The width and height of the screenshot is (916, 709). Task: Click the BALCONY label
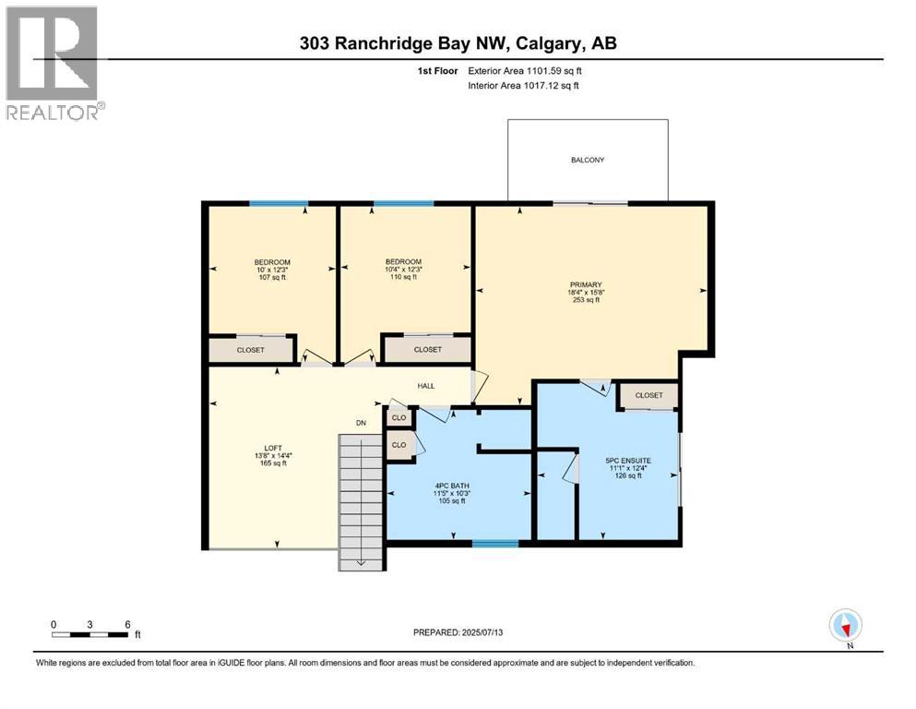588,160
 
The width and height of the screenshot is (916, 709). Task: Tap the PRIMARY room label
586,284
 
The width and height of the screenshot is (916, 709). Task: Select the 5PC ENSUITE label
628,460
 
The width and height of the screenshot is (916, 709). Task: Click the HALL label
425,387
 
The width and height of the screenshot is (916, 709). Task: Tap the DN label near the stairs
363,424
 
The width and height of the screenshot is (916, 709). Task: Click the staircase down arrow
362,560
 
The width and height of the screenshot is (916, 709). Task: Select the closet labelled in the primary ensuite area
648,395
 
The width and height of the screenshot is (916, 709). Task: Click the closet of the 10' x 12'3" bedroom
250,350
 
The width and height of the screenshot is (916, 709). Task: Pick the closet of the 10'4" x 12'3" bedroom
427,350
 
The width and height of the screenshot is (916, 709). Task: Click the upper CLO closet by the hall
399,417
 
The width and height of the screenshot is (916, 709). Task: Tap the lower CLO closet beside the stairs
399,445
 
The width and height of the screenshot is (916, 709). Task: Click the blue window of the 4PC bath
495,544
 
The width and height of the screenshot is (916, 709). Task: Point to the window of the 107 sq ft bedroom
279,203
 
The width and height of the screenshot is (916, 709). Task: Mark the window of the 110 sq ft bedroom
403,203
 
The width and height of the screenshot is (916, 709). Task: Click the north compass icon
846,626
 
